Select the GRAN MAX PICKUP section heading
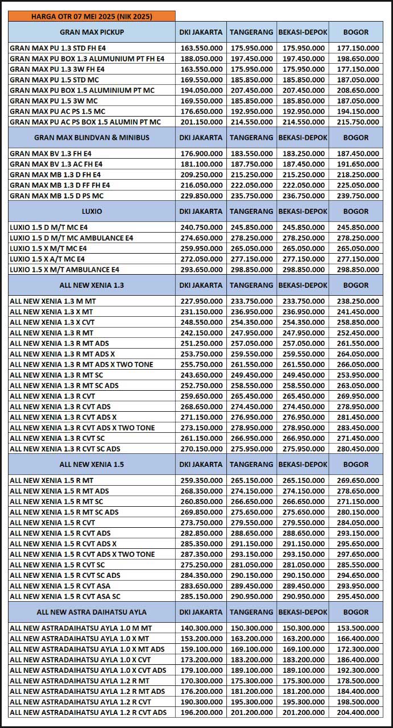click(92, 32)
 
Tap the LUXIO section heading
click(92, 212)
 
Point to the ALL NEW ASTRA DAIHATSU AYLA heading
click(92, 612)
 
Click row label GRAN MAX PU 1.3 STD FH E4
click(57, 48)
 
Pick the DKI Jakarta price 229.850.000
click(201, 196)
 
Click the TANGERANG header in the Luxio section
click(251, 212)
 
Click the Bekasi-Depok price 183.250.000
click(303, 154)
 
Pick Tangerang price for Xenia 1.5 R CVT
click(251, 523)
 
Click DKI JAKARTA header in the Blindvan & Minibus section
click(201, 138)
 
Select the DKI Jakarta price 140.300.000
click(201, 628)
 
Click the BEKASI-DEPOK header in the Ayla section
click(303, 612)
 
